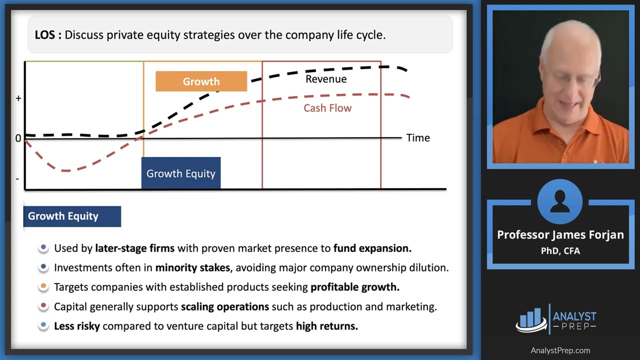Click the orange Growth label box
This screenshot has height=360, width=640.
pyautogui.click(x=201, y=81)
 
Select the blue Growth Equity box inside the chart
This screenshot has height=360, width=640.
pyautogui.click(x=181, y=173)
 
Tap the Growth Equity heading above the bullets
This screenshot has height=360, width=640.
pyautogui.click(x=72, y=216)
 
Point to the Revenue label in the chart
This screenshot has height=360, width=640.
pyautogui.click(x=326, y=79)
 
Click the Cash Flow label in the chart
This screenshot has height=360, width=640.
pyautogui.click(x=327, y=108)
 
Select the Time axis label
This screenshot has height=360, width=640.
pyautogui.click(x=418, y=137)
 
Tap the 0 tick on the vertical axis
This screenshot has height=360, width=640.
pyautogui.click(x=18, y=138)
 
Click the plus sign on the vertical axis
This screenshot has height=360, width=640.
pyautogui.click(x=18, y=98)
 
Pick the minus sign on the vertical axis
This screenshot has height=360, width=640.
pyautogui.click(x=17, y=179)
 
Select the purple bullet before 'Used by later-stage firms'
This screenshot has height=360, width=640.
pyautogui.click(x=43, y=247)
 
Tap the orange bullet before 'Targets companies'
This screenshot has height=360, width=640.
pyautogui.click(x=43, y=286)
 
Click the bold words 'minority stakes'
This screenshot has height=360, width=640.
pyautogui.click(x=192, y=267)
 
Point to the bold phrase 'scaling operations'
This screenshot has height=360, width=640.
pyautogui.click(x=225, y=306)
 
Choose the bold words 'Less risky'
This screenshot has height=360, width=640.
pyautogui.click(x=77, y=326)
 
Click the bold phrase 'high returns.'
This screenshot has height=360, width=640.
pyautogui.click(x=327, y=326)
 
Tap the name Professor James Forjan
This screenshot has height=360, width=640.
pyautogui.click(x=560, y=235)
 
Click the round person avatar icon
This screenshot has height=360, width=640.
pyautogui.click(x=559, y=201)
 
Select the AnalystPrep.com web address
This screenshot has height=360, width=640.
pyautogui.click(x=560, y=350)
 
